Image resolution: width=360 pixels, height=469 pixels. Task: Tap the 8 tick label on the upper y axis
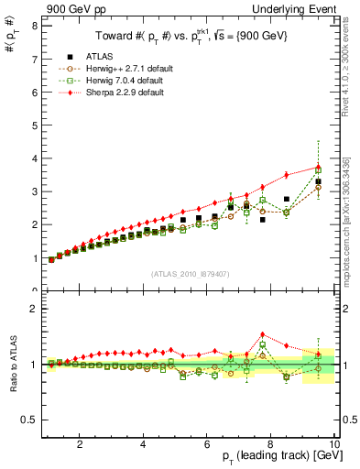click(34, 27)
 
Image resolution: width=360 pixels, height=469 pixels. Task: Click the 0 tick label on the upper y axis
click(34, 290)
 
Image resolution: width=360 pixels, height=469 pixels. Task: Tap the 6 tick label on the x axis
click(206, 444)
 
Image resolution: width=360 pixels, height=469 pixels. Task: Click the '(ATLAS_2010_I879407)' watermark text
click(190, 273)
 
